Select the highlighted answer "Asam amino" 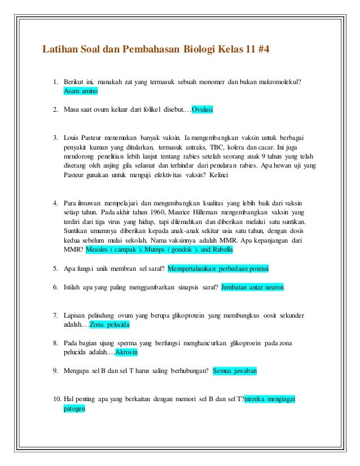click(81, 91)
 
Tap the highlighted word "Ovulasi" click(203, 109)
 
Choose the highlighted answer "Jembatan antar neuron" click(253, 287)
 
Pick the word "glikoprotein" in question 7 click(186, 315)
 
